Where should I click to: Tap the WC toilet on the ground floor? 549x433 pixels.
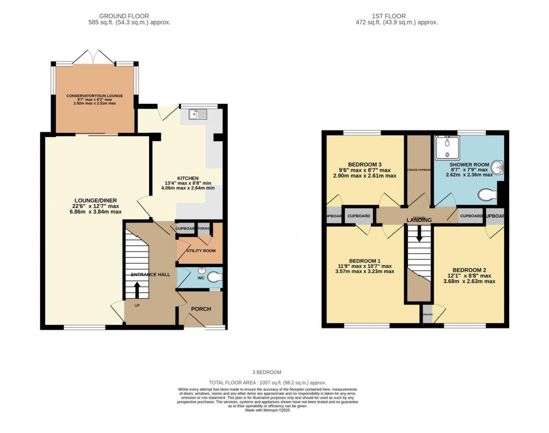pos(214,277)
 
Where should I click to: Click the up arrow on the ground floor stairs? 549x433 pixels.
pos(137,290)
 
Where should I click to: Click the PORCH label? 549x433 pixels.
pos(201,309)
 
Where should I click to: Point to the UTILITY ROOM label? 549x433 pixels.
pos(201,250)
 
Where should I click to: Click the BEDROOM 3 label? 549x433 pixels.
pos(365,164)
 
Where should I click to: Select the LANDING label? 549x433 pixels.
pos(419,220)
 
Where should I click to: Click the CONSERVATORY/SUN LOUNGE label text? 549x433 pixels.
pos(94,96)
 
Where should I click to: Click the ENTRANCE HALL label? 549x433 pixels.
pos(151,275)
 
